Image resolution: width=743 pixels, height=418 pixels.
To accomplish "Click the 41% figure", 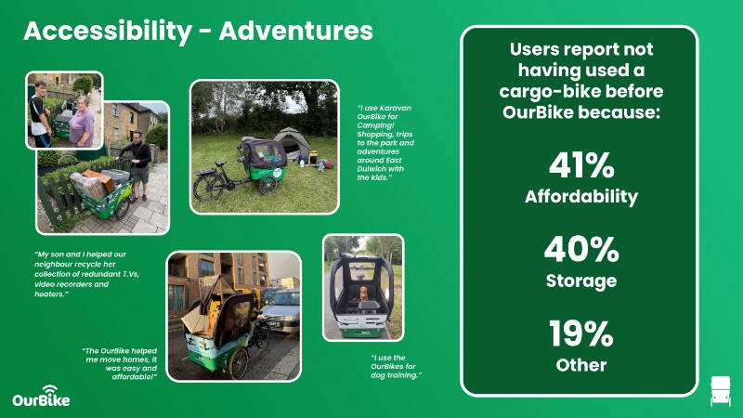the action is pos(581,165).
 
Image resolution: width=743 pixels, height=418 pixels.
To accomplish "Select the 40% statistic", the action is pos(581,249).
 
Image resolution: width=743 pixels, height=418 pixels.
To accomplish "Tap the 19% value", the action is pos(581,333).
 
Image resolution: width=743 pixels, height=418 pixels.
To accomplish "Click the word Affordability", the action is pos(581,197).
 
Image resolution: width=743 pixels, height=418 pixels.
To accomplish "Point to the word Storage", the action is pos(581,281).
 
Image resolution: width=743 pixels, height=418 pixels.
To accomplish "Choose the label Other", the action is pos(581,365).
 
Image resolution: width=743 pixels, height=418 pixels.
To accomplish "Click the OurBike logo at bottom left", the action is pos(41,397).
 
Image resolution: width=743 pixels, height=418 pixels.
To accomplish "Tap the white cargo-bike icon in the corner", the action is pos(721,391).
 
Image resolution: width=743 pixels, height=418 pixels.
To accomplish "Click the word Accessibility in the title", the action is pos(108,31).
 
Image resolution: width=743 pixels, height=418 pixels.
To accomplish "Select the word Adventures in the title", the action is pos(296,31).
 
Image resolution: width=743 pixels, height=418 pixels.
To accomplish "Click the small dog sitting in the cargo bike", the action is pos(363,294).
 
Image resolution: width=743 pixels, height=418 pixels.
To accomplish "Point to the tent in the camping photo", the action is pos(291,143).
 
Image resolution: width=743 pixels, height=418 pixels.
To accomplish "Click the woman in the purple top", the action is pos(82,122).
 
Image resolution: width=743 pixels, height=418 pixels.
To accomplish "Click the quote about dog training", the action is pos(397,366).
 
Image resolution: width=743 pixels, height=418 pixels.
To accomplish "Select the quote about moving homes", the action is pos(120,363).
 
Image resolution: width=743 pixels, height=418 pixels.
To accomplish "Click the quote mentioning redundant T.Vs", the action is pos(86,274).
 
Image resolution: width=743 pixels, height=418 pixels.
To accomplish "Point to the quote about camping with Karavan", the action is pos(385,143).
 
